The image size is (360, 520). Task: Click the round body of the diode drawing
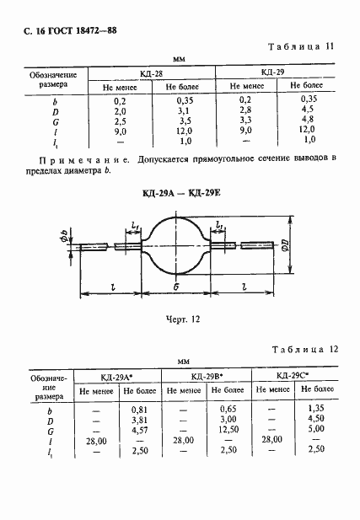178,246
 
